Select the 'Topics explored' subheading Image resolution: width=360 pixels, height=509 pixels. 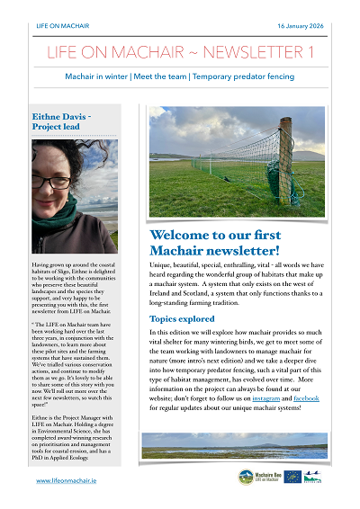click(182, 293)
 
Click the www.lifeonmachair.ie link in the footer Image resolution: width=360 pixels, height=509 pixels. click(67, 481)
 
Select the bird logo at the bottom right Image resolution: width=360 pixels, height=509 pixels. click(311, 478)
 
